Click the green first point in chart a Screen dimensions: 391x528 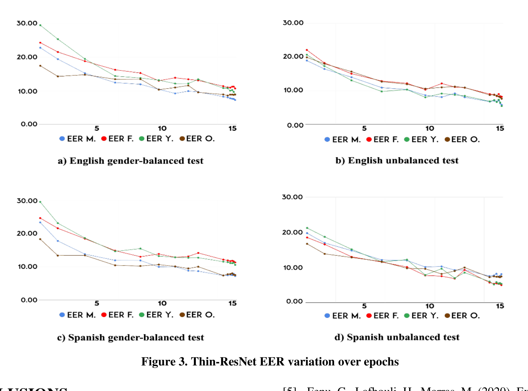[40, 25]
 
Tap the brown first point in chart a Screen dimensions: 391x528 [40, 66]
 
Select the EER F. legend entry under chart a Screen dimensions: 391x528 [117, 139]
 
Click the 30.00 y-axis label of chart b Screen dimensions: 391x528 [293, 23]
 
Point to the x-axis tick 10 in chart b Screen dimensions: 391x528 [429, 128]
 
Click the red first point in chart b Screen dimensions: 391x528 [307, 50]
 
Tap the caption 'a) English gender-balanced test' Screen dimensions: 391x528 [131, 161]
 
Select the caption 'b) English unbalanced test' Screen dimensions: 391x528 [397, 160]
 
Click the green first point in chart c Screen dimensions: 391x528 [40, 202]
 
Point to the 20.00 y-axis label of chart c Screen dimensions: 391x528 [27, 233]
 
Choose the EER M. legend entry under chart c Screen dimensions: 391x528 [78, 315]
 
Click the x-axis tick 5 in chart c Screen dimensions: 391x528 [97, 303]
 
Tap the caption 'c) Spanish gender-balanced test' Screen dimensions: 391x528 [131, 337]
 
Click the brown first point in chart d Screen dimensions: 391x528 [307, 244]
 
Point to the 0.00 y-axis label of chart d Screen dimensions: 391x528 [294, 301]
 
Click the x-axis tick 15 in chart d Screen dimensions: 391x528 [500, 306]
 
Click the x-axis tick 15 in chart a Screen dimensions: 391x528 [232, 128]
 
